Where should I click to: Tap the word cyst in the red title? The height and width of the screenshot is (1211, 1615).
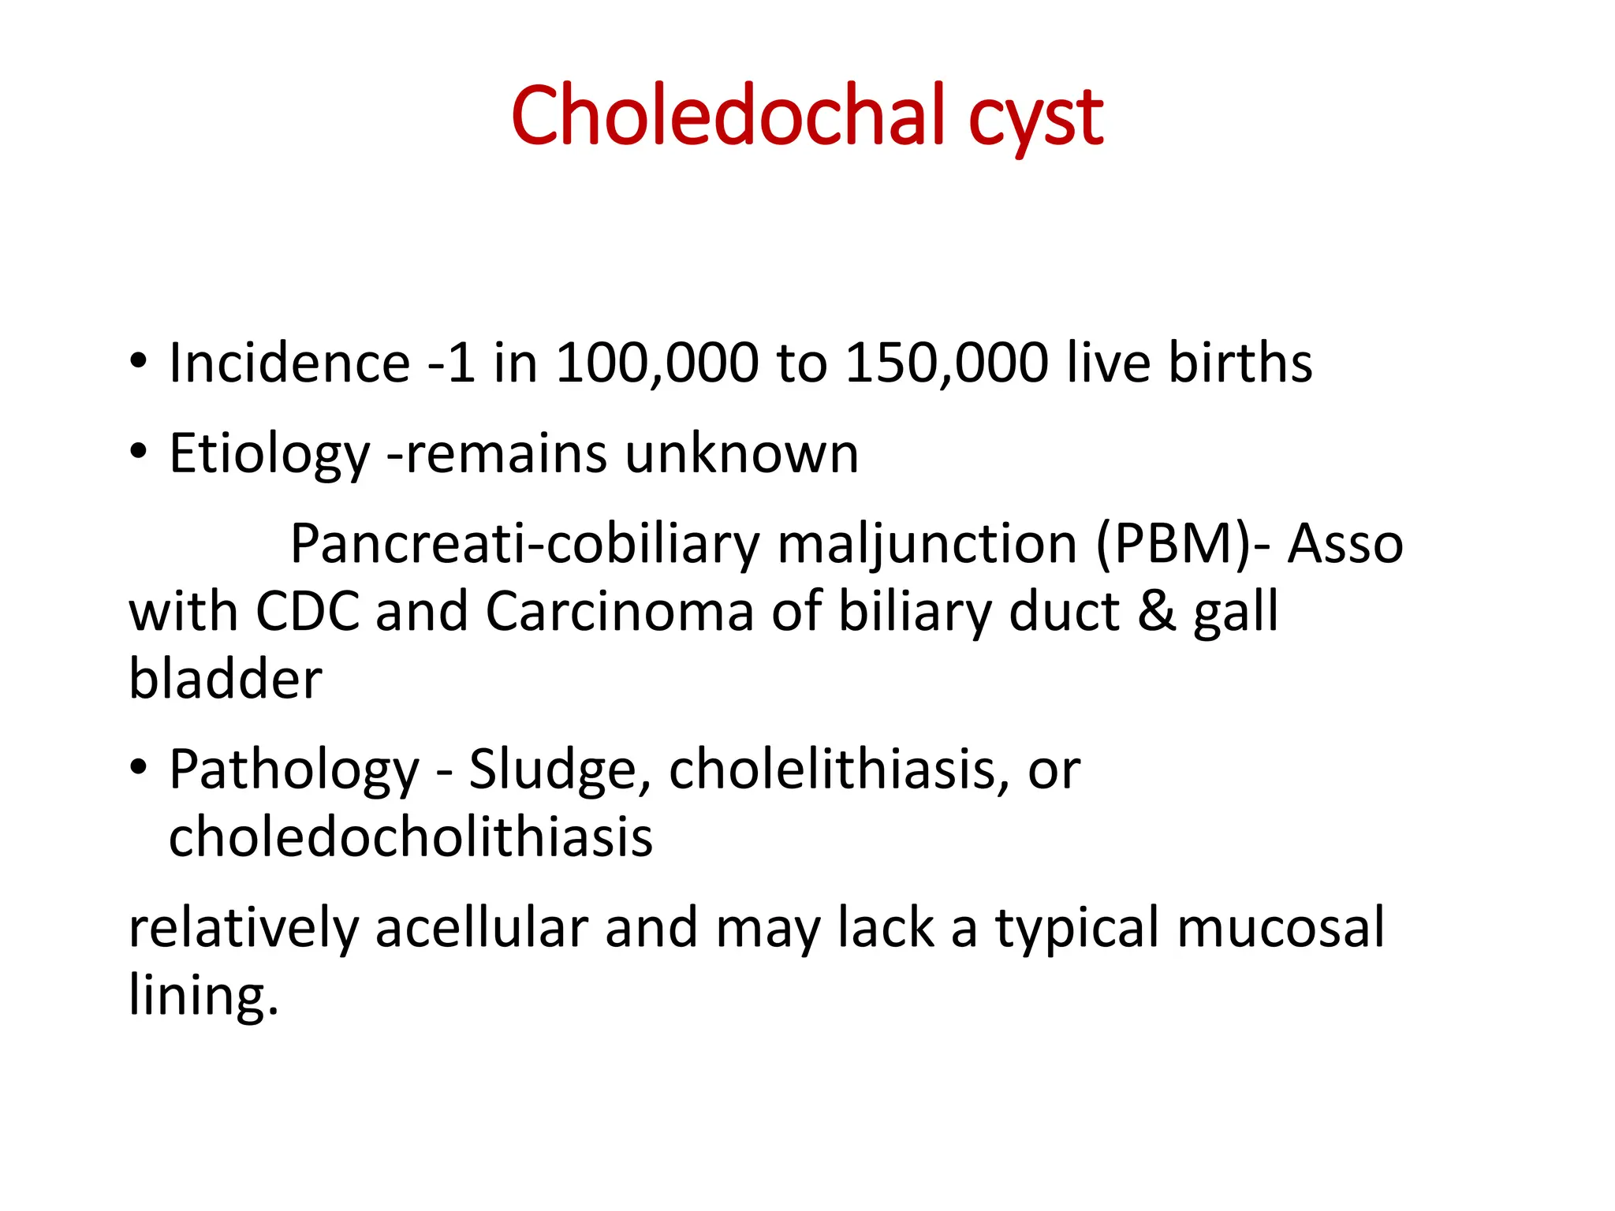click(1035, 120)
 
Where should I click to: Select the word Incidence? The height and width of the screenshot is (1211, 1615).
click(289, 363)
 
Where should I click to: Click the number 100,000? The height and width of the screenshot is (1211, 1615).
click(657, 363)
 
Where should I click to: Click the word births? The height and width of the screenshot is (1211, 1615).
click(1240, 363)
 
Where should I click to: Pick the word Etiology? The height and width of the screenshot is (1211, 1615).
click(269, 456)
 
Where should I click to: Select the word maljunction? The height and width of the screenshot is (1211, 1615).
click(927, 546)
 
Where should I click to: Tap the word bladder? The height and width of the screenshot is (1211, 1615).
click(226, 679)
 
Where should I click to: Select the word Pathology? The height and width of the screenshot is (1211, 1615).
click(294, 771)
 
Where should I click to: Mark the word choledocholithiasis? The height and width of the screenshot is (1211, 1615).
click(411, 837)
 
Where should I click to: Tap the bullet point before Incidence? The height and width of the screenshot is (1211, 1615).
click(139, 363)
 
